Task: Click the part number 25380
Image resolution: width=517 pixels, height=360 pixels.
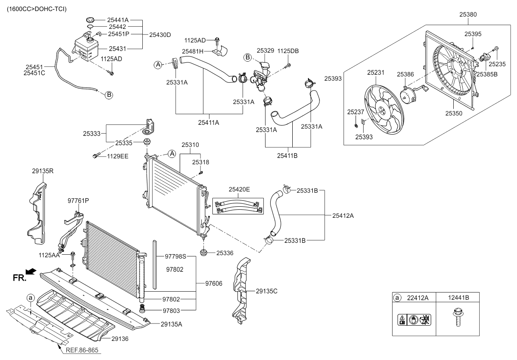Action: pyautogui.click(x=468, y=14)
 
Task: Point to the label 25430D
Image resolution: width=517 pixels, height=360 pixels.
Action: pyautogui.click(x=160, y=34)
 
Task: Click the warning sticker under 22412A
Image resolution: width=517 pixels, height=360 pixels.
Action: pyautogui.click(x=411, y=319)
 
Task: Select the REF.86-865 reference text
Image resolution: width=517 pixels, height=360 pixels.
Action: pyautogui.click(x=83, y=351)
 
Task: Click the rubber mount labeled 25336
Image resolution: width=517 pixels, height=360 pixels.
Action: pyautogui.click(x=205, y=253)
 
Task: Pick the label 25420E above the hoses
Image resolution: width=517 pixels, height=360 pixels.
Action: pyautogui.click(x=239, y=189)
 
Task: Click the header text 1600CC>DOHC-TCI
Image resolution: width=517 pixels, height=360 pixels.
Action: pyautogui.click(x=37, y=9)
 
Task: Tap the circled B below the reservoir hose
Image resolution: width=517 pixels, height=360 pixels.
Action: pyautogui.click(x=109, y=95)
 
